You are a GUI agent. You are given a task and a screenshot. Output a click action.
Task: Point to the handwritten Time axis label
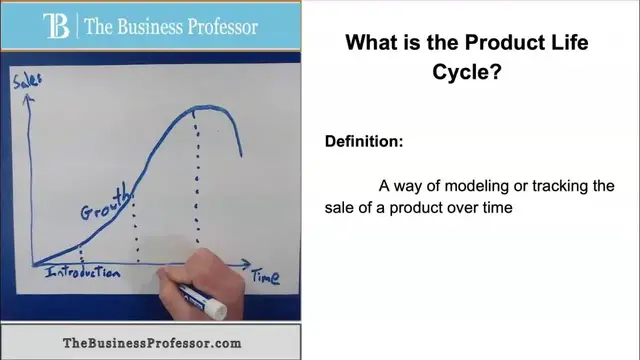click(264, 276)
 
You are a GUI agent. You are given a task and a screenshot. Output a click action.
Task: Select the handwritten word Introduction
click(82, 273)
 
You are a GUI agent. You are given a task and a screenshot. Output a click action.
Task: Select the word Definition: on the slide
click(364, 141)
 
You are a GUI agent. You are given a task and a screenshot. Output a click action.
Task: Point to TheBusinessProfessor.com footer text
click(152, 342)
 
